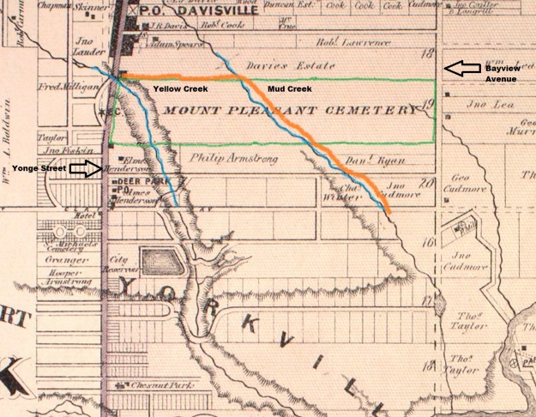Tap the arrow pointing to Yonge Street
(x=84, y=170)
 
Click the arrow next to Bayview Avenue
(x=461, y=68)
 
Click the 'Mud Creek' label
(x=285, y=89)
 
